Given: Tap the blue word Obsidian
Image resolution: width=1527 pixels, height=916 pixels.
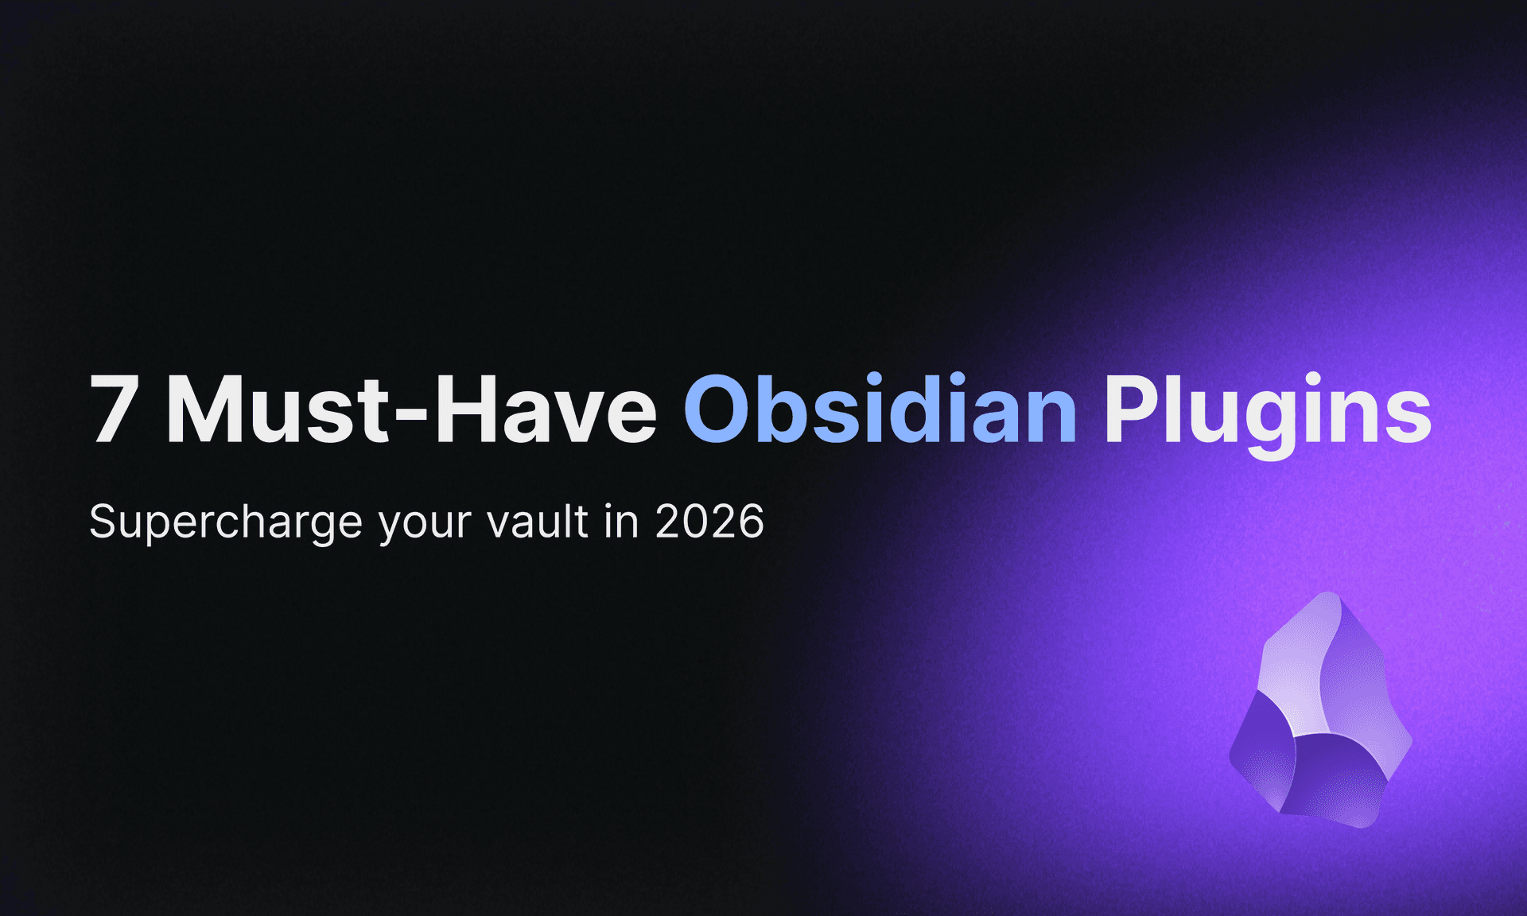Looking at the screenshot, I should pos(880,409).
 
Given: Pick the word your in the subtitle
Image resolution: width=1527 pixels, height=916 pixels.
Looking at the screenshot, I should pos(425,525).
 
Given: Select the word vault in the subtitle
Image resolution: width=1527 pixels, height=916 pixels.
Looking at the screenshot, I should pos(538,522).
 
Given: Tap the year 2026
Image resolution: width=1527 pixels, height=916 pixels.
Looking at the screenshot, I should pos(709,522).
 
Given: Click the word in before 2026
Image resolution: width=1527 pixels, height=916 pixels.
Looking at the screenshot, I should pos(621,522).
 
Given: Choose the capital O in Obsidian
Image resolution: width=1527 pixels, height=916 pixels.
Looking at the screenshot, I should pos(717,409).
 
